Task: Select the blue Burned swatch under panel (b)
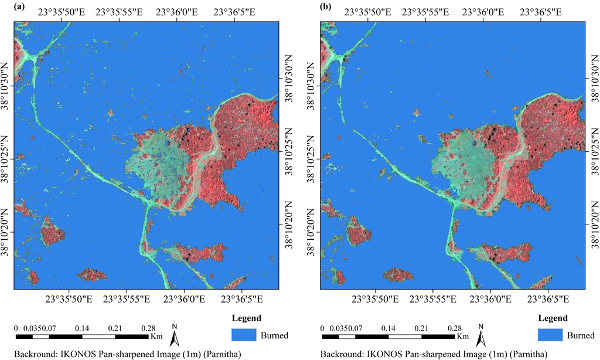coord(550,335)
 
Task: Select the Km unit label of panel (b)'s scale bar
coord(463,337)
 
